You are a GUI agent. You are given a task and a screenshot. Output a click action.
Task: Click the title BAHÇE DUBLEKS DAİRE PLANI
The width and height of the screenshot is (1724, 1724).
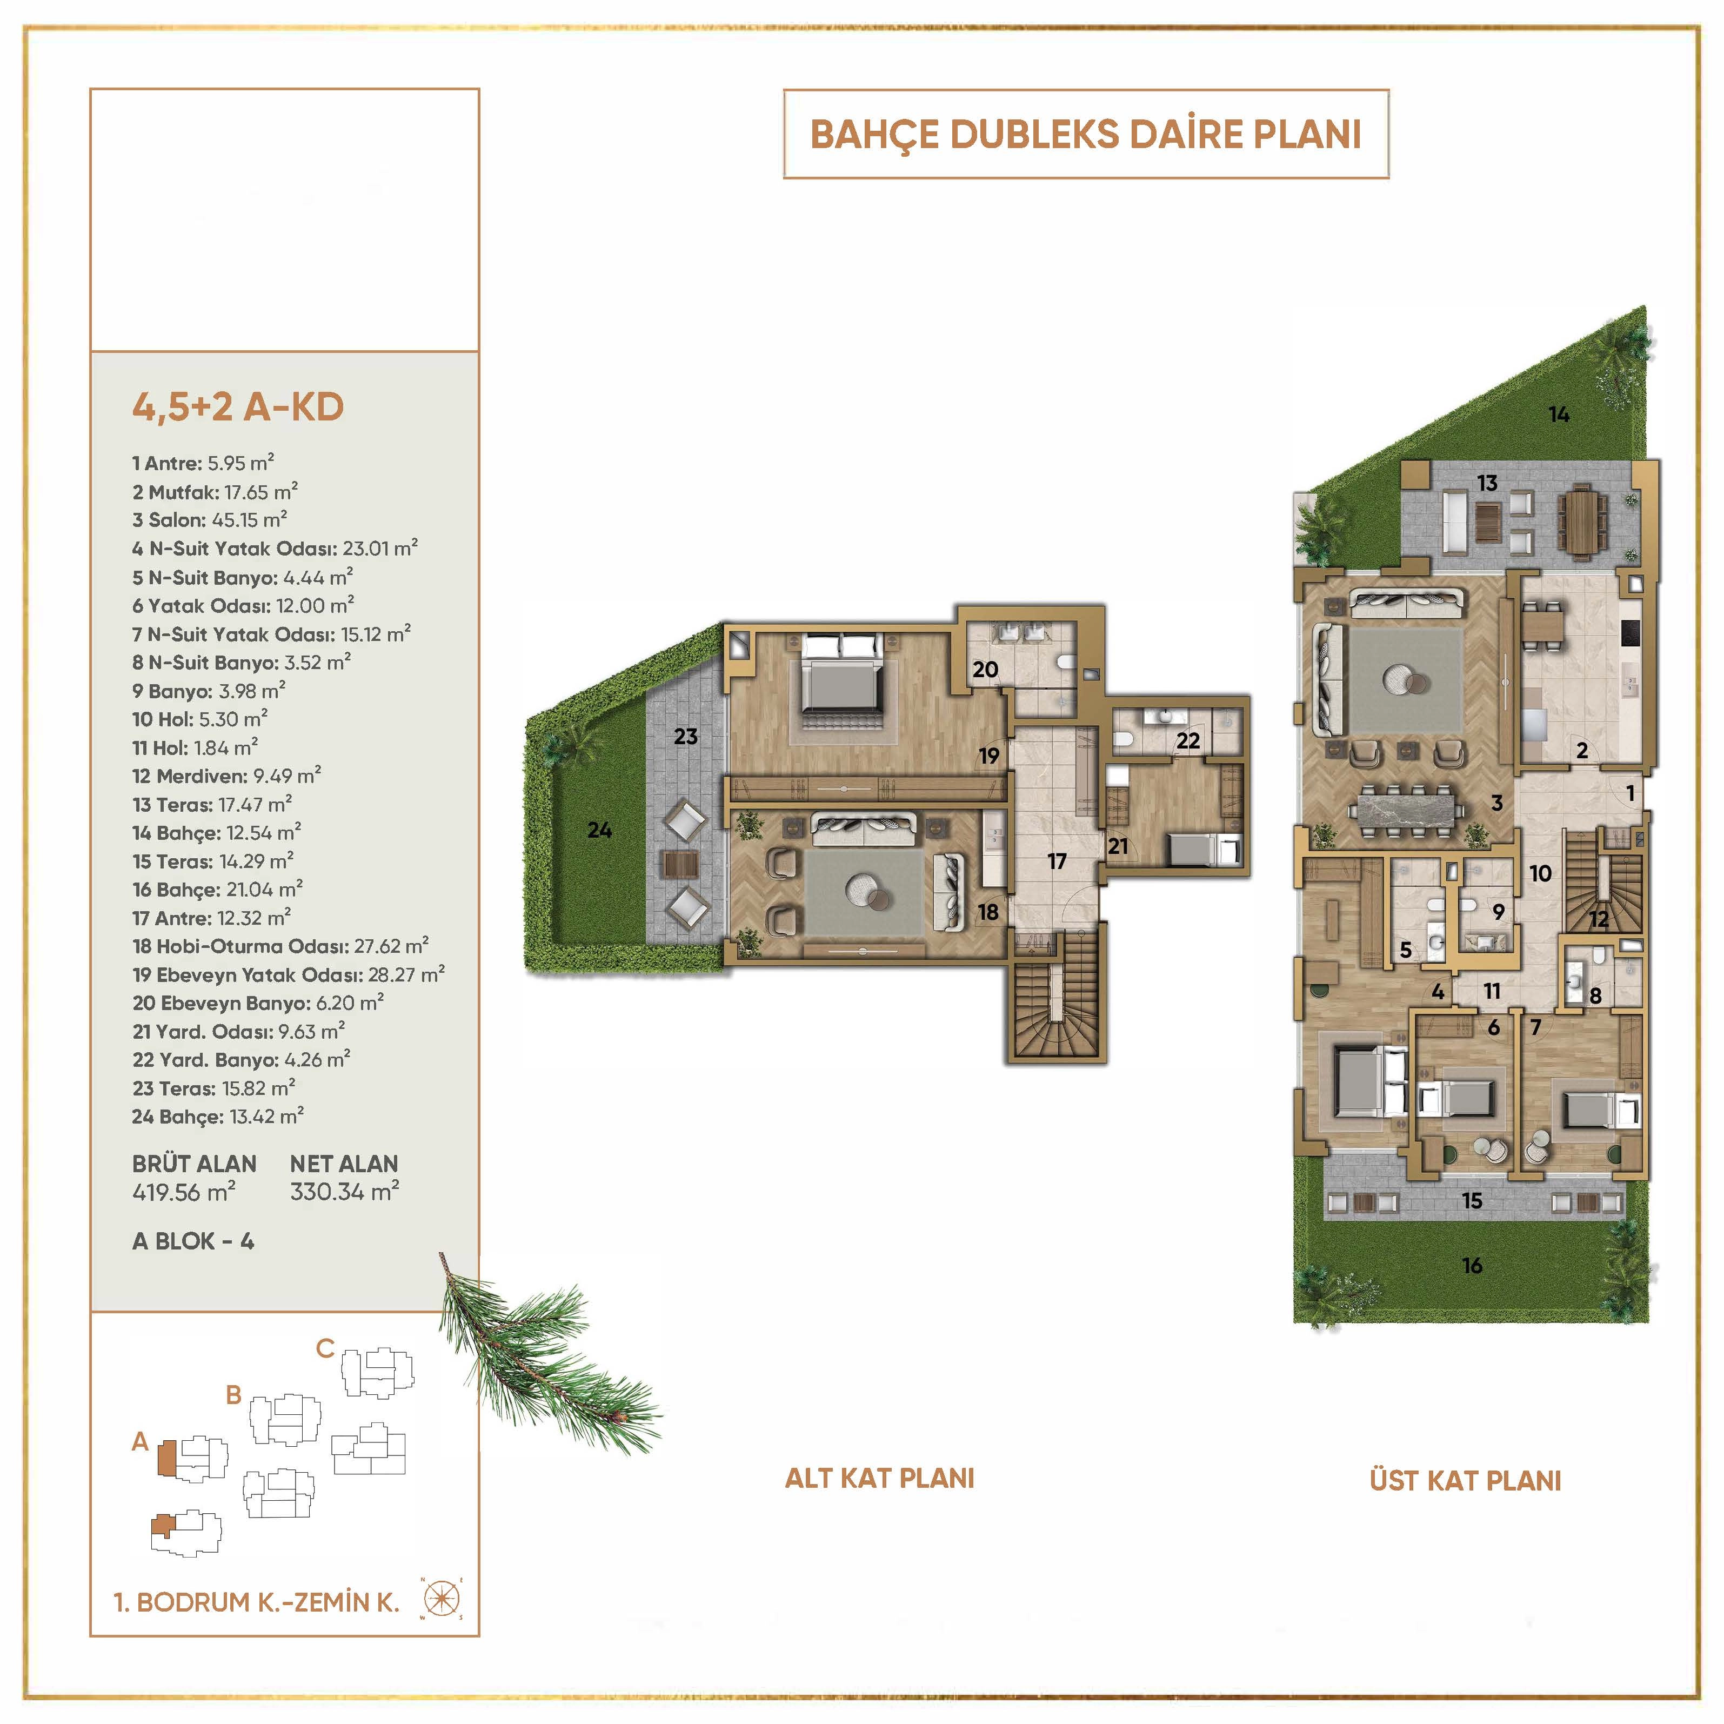click(1085, 135)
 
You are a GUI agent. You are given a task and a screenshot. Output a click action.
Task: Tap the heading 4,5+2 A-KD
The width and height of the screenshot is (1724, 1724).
click(237, 407)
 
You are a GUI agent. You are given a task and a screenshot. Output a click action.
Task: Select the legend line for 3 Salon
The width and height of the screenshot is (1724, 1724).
click(210, 519)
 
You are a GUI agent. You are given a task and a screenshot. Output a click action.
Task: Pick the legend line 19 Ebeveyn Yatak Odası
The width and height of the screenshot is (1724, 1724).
click(288, 974)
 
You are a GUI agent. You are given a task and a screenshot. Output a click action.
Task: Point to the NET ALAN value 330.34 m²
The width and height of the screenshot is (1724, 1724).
click(344, 1191)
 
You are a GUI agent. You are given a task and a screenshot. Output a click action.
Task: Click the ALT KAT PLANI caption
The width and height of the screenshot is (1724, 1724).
click(879, 1479)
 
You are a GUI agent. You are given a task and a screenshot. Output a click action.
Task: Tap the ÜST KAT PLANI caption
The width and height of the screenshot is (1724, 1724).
click(1465, 1481)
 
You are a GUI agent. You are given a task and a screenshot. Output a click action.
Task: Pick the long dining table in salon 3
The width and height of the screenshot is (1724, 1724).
click(1408, 808)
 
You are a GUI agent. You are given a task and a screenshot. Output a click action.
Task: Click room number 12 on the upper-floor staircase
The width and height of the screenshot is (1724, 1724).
click(1598, 919)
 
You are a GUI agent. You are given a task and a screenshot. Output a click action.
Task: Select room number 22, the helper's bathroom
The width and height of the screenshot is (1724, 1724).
click(1188, 740)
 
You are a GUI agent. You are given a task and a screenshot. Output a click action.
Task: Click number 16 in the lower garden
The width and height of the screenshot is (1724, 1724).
click(1472, 1265)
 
